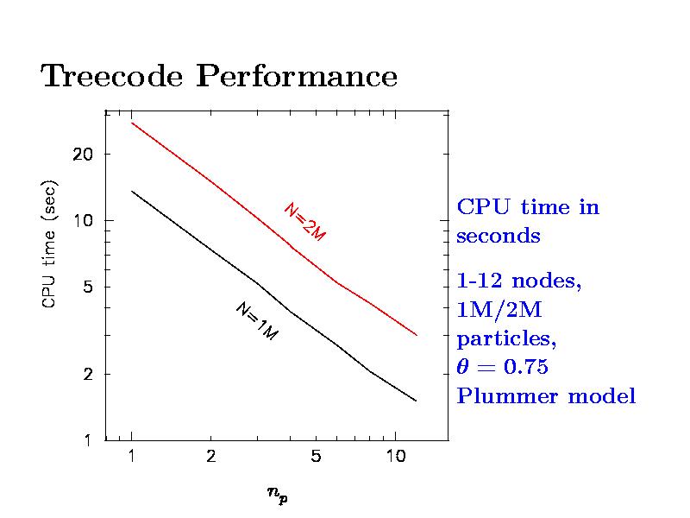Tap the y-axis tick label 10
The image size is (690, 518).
pyautogui.click(x=82, y=220)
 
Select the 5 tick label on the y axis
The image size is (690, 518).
pyautogui.click(x=88, y=287)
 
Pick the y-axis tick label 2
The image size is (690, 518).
pyautogui.click(x=88, y=374)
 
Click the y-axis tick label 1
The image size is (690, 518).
pyautogui.click(x=88, y=440)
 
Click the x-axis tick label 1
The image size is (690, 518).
pyautogui.click(x=131, y=457)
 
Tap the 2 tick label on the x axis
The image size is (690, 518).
pyautogui.click(x=210, y=457)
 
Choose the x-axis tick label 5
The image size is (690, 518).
pyautogui.click(x=317, y=457)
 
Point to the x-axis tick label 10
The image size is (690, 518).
pyautogui.click(x=395, y=457)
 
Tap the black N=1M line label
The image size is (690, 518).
pyautogui.click(x=256, y=321)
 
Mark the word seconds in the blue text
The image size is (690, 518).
pyautogui.click(x=499, y=237)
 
